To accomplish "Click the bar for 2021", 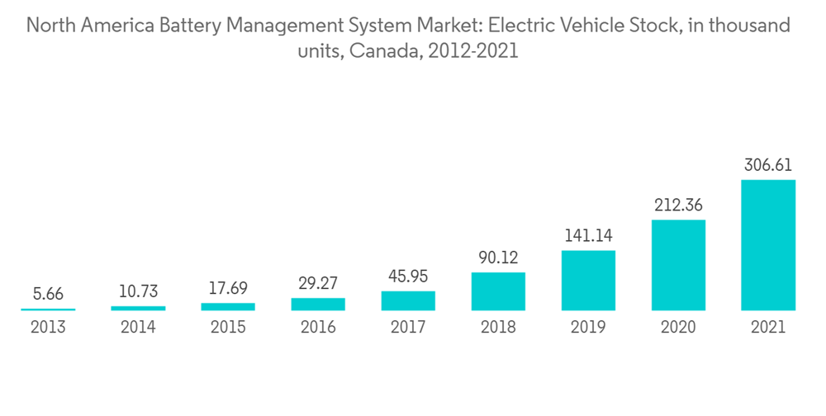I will point(768,245).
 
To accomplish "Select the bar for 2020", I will point(678,265).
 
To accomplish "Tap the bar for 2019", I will point(588,281).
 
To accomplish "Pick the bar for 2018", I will point(498,291).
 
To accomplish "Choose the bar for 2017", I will point(408,300).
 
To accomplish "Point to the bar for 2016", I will point(318,304).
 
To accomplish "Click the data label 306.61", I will point(768,165).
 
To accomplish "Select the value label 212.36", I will point(678,205).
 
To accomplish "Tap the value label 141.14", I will point(588,236).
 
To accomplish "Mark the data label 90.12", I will point(498,258).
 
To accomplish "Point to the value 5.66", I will point(48,294).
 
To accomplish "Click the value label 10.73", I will point(138,291).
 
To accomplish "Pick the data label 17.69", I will point(228,289).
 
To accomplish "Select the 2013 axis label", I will point(48,328).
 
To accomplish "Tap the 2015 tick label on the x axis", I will point(228,328).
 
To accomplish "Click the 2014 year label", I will point(138,328).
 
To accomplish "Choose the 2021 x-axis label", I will point(768,328).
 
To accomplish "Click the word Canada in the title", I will point(381,51).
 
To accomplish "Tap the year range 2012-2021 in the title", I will point(470,51).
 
